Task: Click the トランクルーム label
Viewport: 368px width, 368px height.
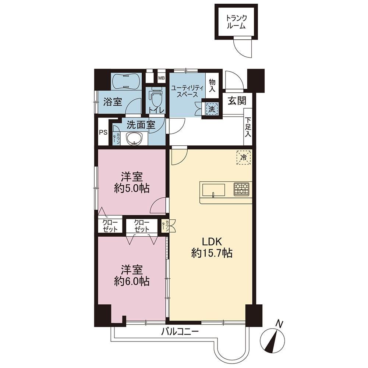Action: pos(236,22)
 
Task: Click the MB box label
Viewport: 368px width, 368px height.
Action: pos(161,78)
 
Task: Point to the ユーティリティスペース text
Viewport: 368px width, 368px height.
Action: pos(187,92)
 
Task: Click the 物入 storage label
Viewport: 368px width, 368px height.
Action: pos(212,85)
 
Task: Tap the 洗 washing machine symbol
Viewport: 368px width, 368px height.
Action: pos(212,109)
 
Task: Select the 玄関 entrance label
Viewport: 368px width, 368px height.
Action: pos(237,101)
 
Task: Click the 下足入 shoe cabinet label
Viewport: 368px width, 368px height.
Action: pos(248,127)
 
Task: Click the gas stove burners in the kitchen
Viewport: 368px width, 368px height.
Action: pos(241,189)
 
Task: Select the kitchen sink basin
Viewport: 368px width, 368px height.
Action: pos(213,190)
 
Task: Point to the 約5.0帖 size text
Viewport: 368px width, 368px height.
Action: pos(132,188)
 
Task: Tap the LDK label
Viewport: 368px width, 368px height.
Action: pos(212,241)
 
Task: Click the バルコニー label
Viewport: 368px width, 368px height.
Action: pos(180,332)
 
